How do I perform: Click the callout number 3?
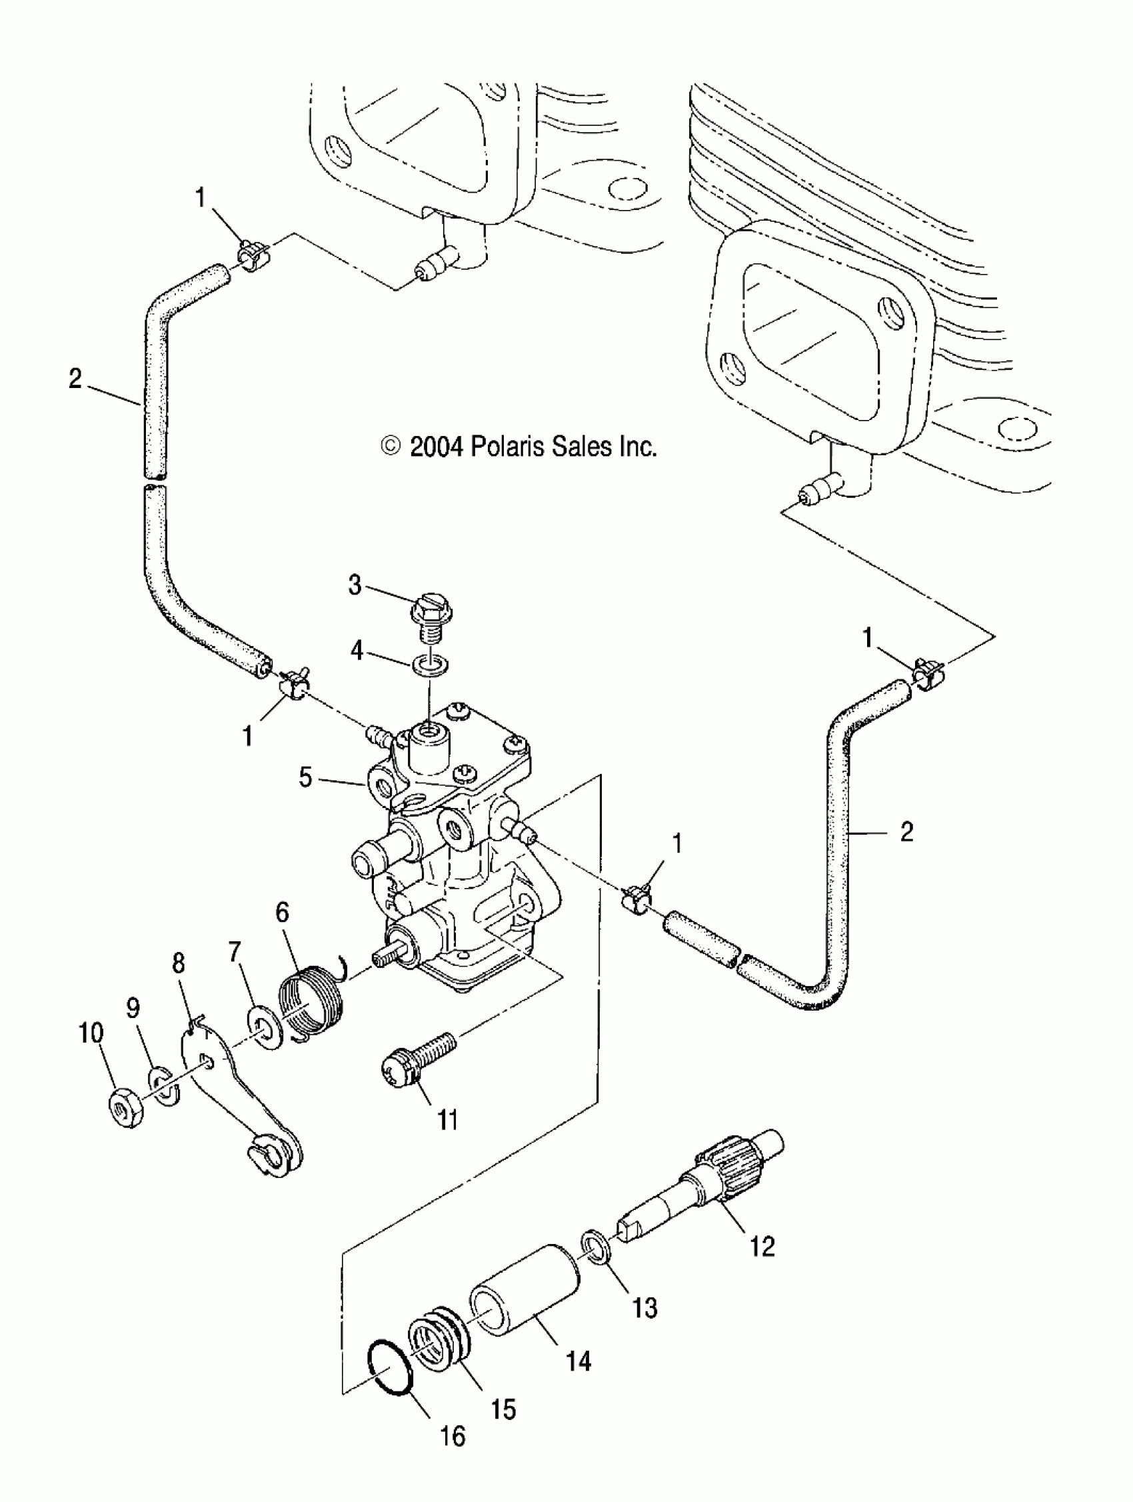pyautogui.click(x=355, y=585)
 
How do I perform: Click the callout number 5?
pyautogui.click(x=305, y=777)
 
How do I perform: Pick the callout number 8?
pyautogui.click(x=179, y=963)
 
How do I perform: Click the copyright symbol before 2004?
pyautogui.click(x=391, y=446)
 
